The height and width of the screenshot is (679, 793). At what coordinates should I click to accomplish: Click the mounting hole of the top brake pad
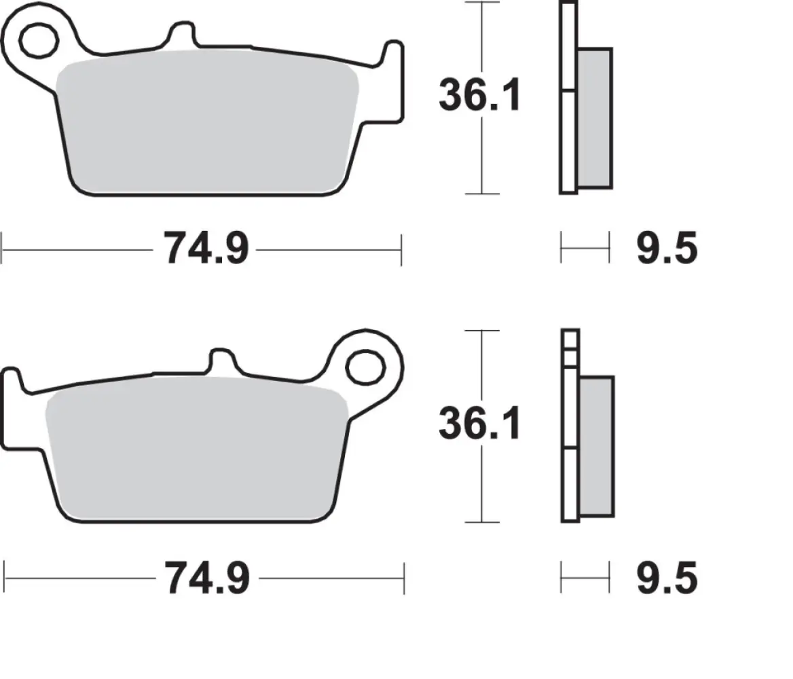tap(39, 41)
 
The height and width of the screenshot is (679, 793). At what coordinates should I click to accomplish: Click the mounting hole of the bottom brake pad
tap(365, 368)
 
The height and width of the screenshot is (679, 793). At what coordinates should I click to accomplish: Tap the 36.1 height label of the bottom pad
tap(480, 424)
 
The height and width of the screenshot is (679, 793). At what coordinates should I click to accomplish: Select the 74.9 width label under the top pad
tap(206, 249)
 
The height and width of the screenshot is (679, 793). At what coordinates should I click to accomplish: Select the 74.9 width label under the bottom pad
tap(206, 579)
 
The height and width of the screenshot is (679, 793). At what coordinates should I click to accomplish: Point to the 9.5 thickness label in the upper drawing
tap(666, 249)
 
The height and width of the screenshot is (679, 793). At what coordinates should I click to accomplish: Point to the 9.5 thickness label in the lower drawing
tap(666, 579)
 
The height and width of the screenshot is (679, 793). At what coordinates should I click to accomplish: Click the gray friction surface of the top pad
tap(204, 122)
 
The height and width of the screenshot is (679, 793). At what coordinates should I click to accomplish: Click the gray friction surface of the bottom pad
tap(197, 452)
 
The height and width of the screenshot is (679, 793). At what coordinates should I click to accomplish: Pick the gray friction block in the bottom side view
tap(596, 446)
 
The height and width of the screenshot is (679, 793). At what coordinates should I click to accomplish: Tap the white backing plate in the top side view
tap(568, 136)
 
